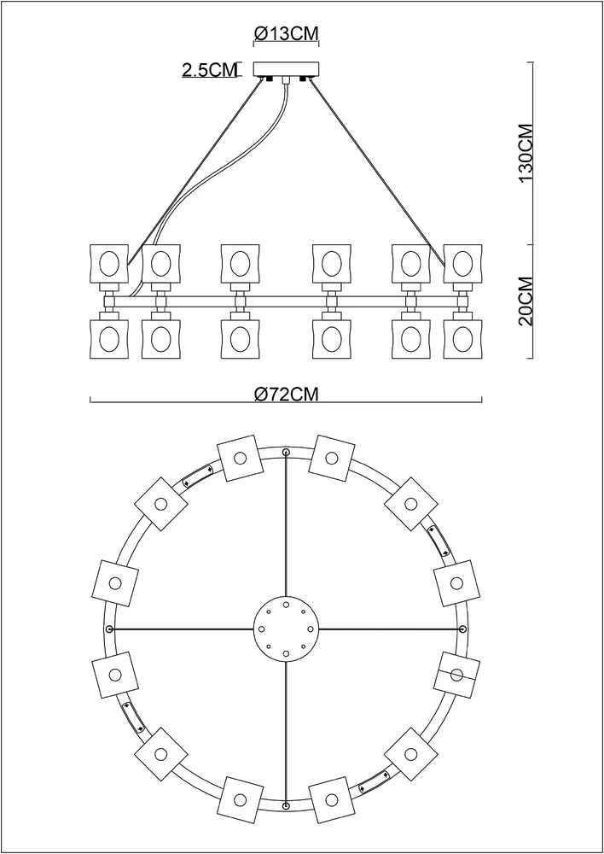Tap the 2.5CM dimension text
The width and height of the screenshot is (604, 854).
point(209,71)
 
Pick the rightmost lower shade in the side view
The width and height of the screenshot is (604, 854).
point(462,338)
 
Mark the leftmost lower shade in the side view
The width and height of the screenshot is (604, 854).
point(108,338)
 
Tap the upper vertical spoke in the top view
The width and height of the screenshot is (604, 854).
point(286,529)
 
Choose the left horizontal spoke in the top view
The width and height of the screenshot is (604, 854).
point(183,629)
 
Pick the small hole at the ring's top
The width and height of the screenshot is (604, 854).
point(286,452)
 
